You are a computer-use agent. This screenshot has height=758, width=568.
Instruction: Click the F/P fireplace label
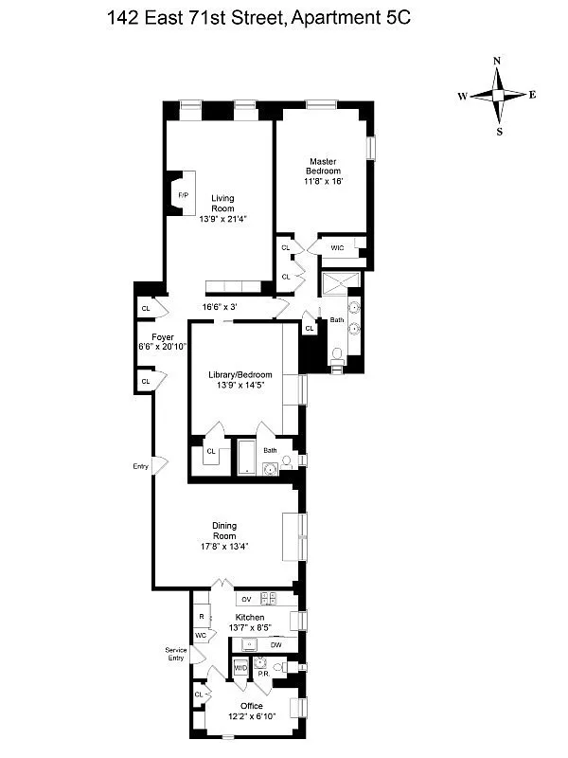pos(183,195)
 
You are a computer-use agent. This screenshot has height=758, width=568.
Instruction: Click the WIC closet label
pos(337,248)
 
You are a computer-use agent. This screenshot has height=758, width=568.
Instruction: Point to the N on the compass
pos(497,61)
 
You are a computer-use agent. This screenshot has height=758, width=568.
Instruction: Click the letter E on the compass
pos(533,95)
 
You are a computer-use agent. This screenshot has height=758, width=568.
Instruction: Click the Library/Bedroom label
pos(240,374)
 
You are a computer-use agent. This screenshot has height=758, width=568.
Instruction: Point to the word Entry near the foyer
pos(141,465)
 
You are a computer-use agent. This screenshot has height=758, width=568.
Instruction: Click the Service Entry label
pos(176,654)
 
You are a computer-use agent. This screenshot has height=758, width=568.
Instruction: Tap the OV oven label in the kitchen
pos(245,600)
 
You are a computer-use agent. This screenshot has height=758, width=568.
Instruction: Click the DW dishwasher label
pos(276,645)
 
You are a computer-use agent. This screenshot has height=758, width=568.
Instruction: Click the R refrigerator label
pos(202,615)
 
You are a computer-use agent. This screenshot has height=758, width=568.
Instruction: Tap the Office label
pos(251,706)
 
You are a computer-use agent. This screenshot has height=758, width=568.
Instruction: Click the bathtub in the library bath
pos(245,457)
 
